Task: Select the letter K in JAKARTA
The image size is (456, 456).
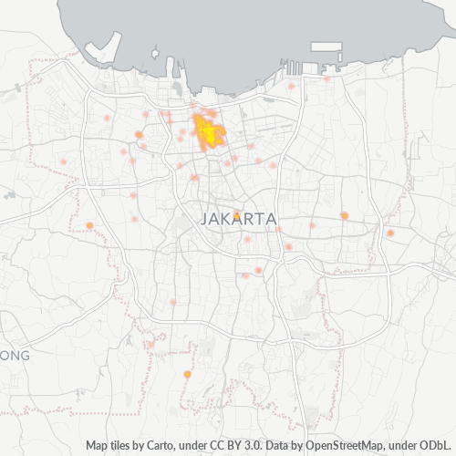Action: point(225,219)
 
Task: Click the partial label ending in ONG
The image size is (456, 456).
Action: point(16,355)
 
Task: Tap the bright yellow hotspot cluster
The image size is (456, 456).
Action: point(207,133)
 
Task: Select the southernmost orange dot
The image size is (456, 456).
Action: point(187,374)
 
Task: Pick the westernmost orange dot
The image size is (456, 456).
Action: point(89,225)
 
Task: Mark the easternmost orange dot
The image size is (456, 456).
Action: point(389,233)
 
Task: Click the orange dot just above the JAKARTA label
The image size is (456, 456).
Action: point(236,214)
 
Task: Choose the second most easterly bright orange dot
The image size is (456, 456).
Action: point(345,215)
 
